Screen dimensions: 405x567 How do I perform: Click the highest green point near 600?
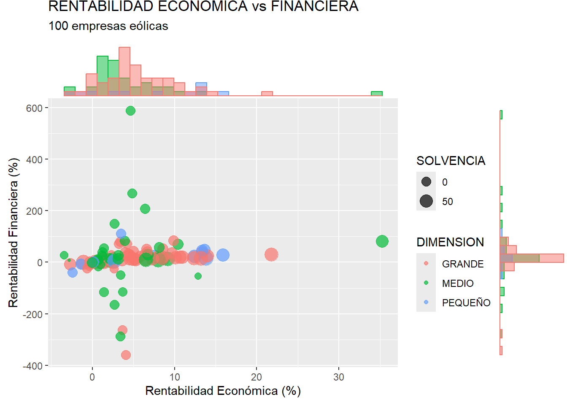point(130,111)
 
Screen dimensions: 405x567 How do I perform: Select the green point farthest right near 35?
point(382,241)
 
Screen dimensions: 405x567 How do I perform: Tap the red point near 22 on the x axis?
point(271,254)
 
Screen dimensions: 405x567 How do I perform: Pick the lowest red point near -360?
point(126,355)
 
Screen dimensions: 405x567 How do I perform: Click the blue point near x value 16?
point(223,255)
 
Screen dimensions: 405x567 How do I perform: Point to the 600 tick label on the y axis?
point(34,108)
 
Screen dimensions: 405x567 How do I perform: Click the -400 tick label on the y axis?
point(32,366)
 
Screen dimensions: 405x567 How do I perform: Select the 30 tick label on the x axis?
point(338,377)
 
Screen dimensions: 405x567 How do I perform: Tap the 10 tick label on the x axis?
point(174,377)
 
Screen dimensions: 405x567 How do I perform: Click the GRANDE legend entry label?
point(462,264)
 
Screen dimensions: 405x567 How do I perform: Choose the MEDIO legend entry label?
point(457,283)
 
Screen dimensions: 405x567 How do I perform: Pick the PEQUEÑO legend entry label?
point(466,303)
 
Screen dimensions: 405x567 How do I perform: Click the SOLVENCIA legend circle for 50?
point(426,201)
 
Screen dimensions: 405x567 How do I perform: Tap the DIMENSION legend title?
point(450,242)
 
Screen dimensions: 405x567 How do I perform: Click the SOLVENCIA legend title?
point(451,161)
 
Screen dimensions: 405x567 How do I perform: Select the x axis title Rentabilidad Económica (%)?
point(223,391)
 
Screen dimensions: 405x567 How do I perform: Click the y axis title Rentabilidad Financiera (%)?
point(13,232)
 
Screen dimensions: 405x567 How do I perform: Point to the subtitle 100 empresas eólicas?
point(108,26)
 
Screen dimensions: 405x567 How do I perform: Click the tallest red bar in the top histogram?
point(124,72)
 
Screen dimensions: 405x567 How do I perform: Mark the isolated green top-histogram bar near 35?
point(377,94)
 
